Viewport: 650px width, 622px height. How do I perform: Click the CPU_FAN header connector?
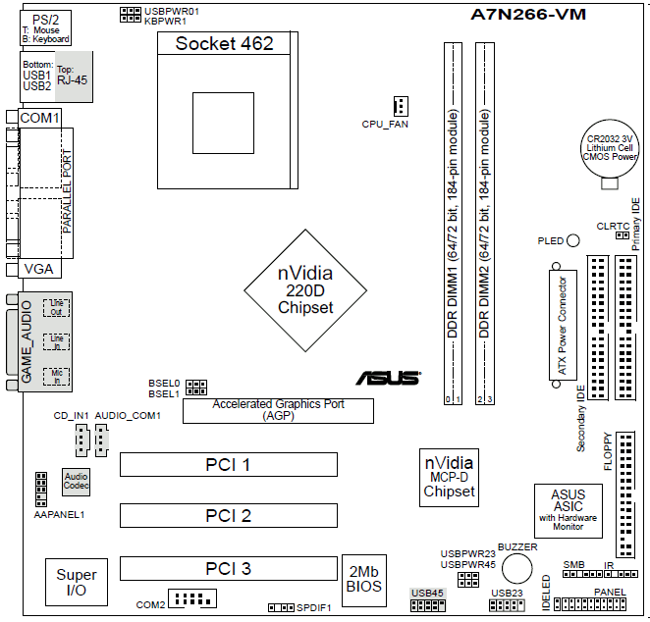(401, 106)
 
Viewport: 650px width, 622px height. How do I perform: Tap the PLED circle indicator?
(572, 240)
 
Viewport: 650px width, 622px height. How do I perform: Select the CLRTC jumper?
(623, 235)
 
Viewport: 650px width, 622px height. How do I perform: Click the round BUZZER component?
(516, 569)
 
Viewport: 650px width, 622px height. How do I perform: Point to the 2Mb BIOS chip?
(364, 581)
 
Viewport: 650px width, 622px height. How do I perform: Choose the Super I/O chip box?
(77, 582)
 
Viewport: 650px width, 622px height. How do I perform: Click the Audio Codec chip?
(76, 482)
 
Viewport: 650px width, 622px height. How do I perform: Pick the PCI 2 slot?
(229, 516)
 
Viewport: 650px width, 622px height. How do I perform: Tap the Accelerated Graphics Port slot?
(278, 411)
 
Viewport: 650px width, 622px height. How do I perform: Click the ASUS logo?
(388, 378)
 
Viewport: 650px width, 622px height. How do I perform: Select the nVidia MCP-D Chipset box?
(449, 478)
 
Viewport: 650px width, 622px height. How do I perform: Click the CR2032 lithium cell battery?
(610, 149)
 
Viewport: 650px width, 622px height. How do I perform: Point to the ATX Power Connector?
(563, 325)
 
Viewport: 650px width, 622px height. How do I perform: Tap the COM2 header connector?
(192, 598)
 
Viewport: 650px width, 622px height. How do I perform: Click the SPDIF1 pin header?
(281, 608)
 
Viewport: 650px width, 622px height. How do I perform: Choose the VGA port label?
(39, 269)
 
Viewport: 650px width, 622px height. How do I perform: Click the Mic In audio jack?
(56, 377)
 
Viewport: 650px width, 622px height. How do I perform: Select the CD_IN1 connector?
(82, 441)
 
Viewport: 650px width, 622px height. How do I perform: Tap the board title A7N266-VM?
(528, 15)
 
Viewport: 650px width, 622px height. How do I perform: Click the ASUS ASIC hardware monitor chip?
(568, 511)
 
